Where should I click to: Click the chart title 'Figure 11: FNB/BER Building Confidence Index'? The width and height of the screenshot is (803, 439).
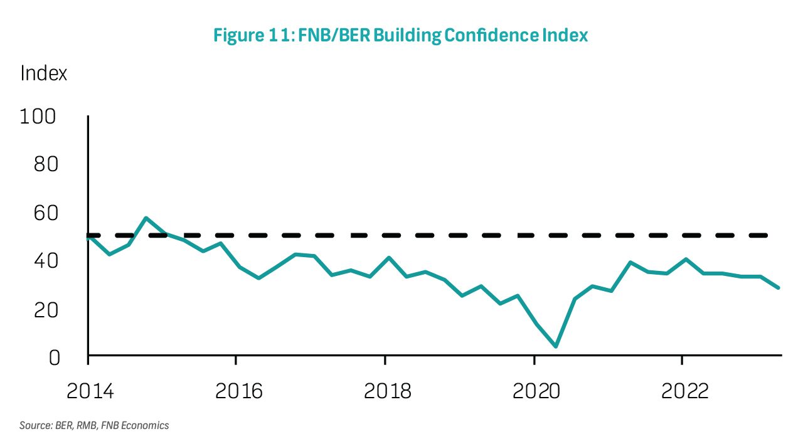coord(400,35)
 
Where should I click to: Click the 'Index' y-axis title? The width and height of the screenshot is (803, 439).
coord(43,73)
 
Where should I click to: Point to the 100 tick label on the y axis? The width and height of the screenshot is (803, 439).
coord(38,117)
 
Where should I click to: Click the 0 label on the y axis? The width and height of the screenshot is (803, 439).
coord(55,357)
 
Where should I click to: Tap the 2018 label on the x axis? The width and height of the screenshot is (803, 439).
coord(386,391)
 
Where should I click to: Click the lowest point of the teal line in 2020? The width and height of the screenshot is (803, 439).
coord(556,346)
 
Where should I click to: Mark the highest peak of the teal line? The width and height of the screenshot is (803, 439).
coord(146,218)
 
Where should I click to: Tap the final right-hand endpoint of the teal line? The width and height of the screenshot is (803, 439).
coord(779,288)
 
